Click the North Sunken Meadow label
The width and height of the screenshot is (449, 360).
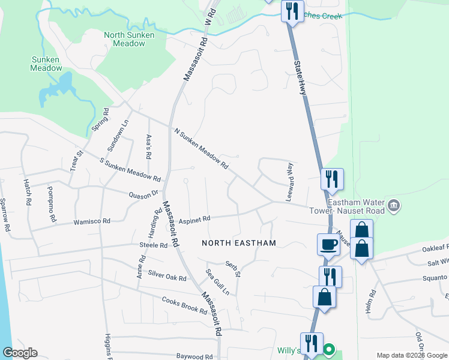(129, 39)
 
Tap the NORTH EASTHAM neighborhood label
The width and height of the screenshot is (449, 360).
(238, 243)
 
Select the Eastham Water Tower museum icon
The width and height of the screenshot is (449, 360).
(394, 206)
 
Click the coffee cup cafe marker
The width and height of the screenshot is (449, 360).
(328, 245)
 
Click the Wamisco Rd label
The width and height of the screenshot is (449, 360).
(92, 222)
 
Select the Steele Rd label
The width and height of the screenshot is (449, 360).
(153, 245)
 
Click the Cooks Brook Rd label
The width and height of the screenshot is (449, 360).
(184, 304)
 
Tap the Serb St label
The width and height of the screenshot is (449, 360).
(233, 268)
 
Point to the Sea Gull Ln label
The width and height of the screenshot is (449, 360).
(217, 282)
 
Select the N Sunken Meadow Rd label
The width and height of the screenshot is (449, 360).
(201, 148)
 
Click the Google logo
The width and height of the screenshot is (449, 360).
(20, 353)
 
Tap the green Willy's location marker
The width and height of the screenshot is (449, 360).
(329, 349)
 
